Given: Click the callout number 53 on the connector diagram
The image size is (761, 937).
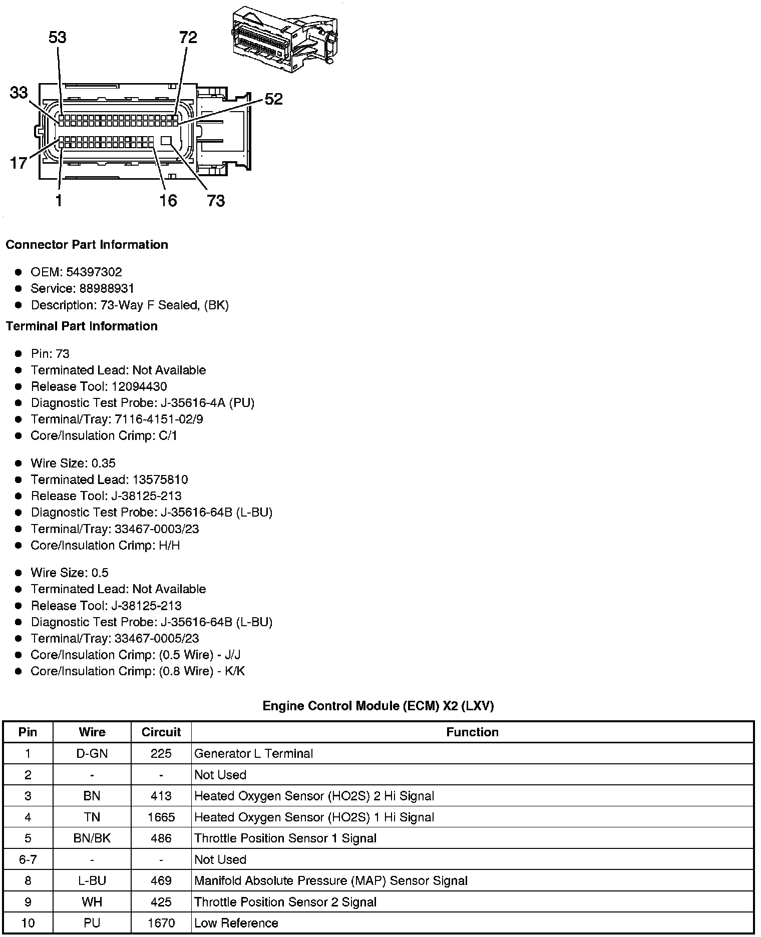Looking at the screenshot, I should pyautogui.click(x=58, y=38).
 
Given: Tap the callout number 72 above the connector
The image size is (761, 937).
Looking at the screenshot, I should pyautogui.click(x=188, y=38).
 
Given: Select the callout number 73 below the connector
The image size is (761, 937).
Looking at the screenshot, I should pyautogui.click(x=216, y=201).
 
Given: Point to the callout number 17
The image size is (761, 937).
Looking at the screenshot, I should pyautogui.click(x=19, y=163).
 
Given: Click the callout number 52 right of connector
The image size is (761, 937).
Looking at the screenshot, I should pyautogui.click(x=273, y=99).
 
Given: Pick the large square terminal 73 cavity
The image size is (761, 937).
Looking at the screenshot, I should pyautogui.click(x=167, y=141).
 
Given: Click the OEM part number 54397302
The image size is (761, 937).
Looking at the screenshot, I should pyautogui.click(x=94, y=272).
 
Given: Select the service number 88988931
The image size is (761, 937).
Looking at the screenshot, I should pyautogui.click(x=107, y=289).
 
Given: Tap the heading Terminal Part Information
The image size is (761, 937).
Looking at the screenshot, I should pyautogui.click(x=82, y=326).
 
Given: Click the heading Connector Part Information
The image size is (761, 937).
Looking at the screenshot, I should pyautogui.click(x=87, y=245).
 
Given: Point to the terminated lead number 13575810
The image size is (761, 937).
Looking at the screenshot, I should pyautogui.click(x=160, y=480).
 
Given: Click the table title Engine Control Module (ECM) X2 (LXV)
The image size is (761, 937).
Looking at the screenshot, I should pyautogui.click(x=378, y=706).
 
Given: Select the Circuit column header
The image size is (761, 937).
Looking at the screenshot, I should pyautogui.click(x=161, y=732).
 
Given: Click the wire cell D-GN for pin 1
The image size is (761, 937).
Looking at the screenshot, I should pyautogui.click(x=92, y=754).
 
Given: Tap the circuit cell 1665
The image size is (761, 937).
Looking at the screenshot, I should pyautogui.click(x=161, y=817).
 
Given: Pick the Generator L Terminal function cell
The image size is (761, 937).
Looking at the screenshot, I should pyautogui.click(x=253, y=754).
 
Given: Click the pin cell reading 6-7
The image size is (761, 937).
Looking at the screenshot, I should pyautogui.click(x=28, y=860).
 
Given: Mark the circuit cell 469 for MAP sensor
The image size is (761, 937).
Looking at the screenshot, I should pyautogui.click(x=161, y=881).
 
